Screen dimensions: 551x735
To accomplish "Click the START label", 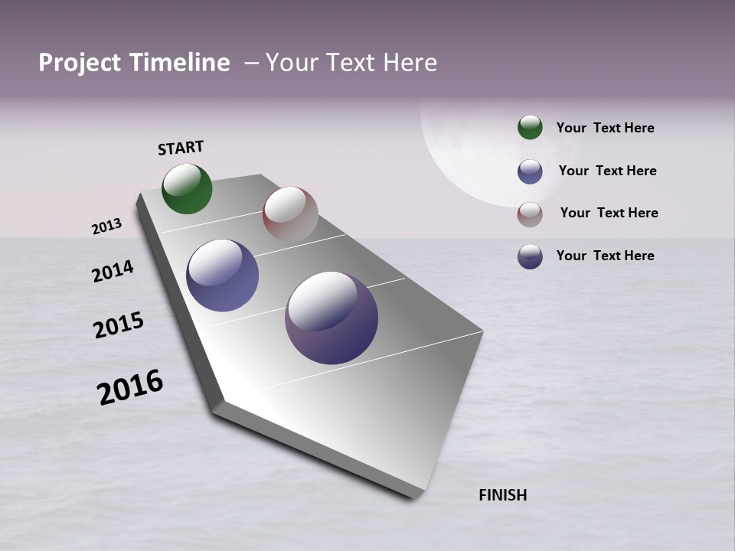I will pos(181,148).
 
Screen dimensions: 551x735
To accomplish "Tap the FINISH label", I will pos(502,495).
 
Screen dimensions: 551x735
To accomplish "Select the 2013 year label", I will pos(106,227).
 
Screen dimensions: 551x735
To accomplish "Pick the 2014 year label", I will pos(113,271).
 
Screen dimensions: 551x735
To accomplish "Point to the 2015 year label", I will pos(119,325).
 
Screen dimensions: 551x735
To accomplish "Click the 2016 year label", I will pos(130,387).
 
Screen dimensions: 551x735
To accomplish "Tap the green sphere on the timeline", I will pos(187,188).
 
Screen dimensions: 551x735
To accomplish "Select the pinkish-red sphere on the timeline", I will pos(290,214).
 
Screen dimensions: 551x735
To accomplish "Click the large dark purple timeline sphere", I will pos(332,318).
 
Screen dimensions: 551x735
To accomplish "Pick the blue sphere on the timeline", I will pos(222,275).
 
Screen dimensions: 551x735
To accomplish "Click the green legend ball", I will pos(530,127).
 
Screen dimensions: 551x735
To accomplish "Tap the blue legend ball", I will pos(530,171).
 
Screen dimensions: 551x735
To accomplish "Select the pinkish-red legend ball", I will pos(530,214).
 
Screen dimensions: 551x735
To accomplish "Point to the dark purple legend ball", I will pos(530,256).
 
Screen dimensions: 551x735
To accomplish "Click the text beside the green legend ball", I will pos(605,128).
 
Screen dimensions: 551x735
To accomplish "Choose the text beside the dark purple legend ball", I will pos(605,256).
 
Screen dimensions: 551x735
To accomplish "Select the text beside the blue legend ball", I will pos(607,171).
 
